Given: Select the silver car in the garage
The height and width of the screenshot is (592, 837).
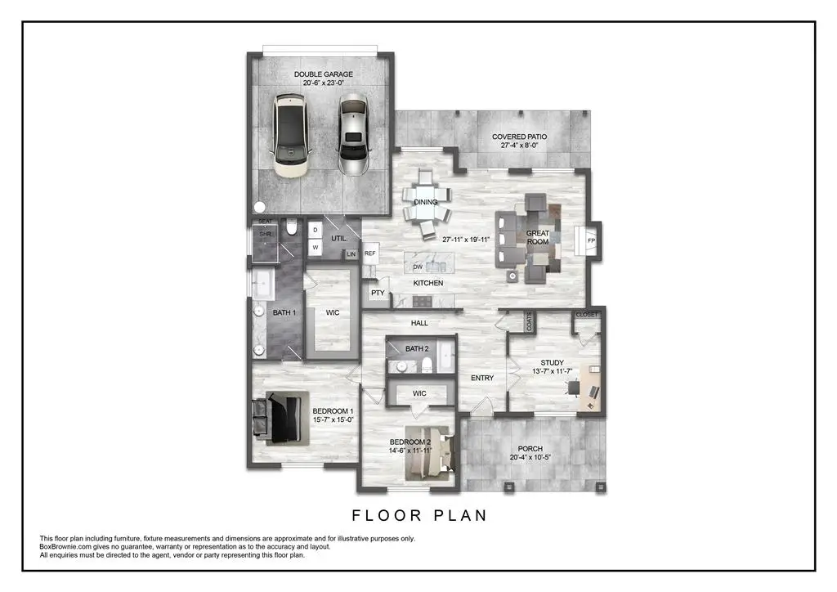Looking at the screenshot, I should point(353,136).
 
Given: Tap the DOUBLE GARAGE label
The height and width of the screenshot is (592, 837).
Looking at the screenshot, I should point(325,74).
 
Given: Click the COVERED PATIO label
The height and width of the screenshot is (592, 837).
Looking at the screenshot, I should point(519,137).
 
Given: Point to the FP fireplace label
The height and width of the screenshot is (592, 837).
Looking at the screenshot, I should point(591,240).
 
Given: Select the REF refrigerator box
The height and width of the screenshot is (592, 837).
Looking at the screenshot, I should point(370,254).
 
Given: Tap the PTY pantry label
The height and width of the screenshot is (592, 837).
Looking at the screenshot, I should point(378,292).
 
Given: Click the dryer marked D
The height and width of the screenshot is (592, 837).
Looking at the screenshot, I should point(315,230).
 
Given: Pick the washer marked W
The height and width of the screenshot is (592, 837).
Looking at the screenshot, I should point(315,249).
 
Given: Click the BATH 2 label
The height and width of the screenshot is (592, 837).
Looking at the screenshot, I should point(417,349).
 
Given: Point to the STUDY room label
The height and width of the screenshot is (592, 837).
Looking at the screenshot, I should point(553,363).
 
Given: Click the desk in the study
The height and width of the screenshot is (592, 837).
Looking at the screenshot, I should point(591,392).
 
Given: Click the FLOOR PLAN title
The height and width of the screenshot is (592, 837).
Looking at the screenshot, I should point(419,515).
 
